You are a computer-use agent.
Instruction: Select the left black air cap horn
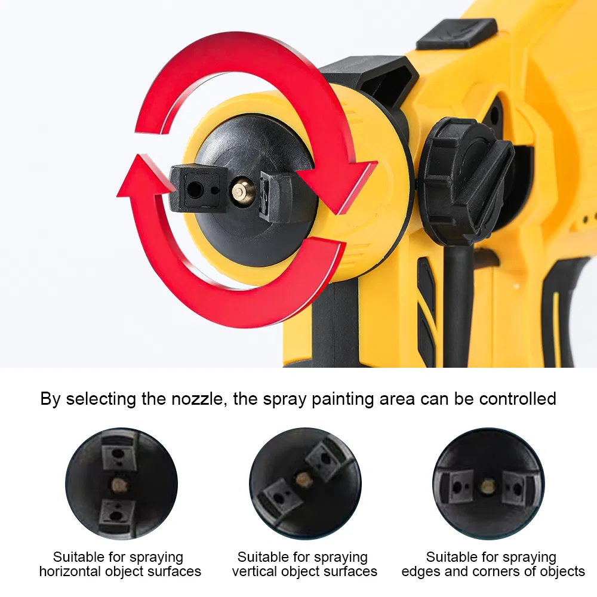pos(198,188)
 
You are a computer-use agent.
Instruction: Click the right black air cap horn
pos(276,196)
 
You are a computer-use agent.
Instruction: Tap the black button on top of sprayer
pos(457,33)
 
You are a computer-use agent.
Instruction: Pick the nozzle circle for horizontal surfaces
pos(121,484)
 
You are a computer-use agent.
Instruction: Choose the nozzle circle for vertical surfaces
pos(305,484)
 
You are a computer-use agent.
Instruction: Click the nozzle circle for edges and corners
pos(488,484)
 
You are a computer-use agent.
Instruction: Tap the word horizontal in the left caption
pos(70,571)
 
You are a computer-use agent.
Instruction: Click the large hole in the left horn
pos(195,189)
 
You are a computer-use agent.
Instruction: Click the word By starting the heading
pos(50,399)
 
